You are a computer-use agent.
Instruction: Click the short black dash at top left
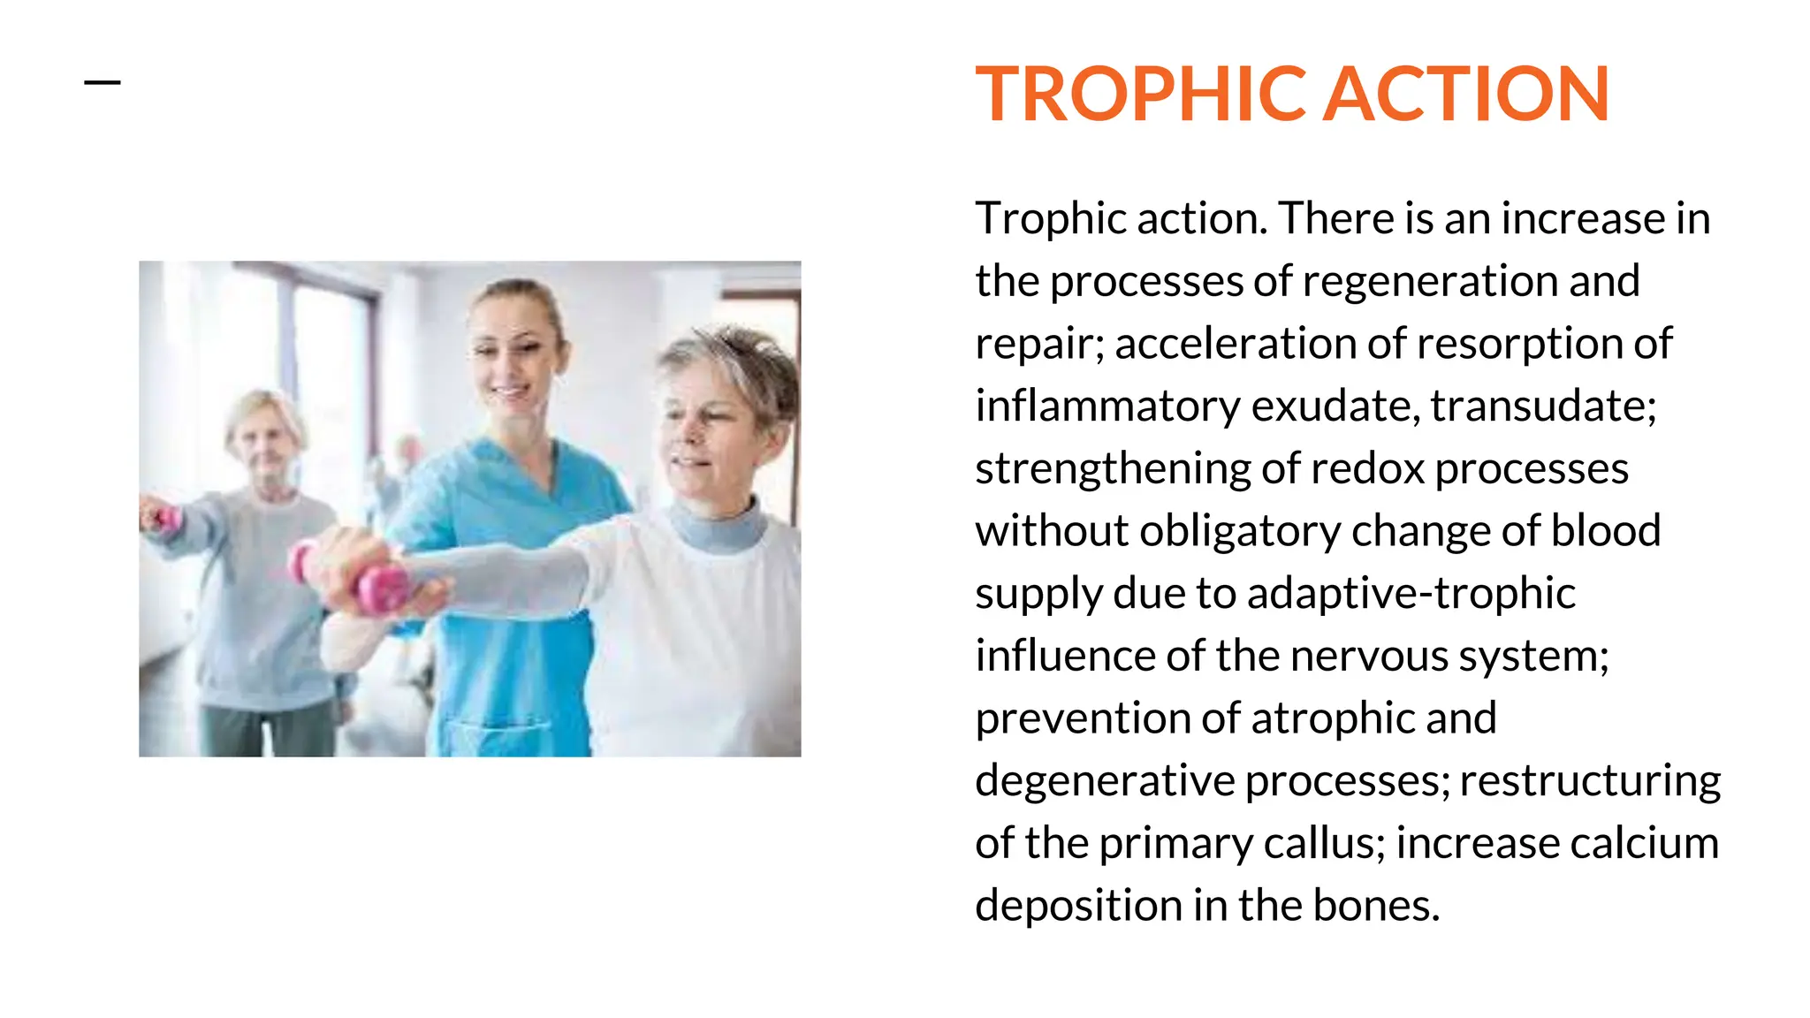(102, 83)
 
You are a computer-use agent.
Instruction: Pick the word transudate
(1542, 406)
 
